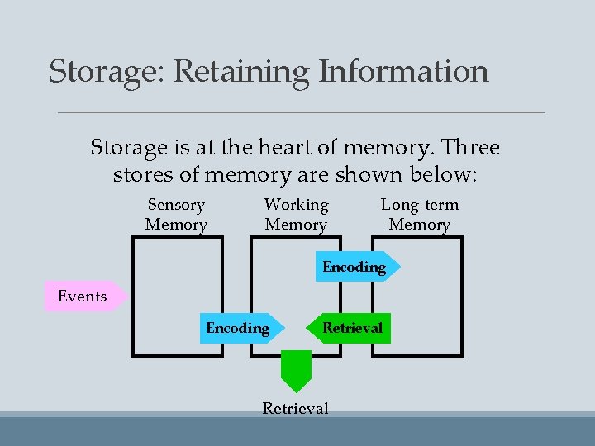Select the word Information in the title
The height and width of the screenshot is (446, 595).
pyautogui.click(x=403, y=72)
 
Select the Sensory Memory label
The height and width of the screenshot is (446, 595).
pyautogui.click(x=176, y=215)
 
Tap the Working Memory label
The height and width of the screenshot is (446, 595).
pyautogui.click(x=296, y=215)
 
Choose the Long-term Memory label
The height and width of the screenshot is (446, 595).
pyautogui.click(x=419, y=215)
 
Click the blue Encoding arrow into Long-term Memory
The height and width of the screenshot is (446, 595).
pyautogui.click(x=356, y=267)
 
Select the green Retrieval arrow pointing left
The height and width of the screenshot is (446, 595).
pyautogui.click(x=350, y=328)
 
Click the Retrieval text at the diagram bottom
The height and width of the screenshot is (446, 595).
pyautogui.click(x=295, y=408)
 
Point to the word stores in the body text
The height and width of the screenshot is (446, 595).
pyautogui.click(x=139, y=176)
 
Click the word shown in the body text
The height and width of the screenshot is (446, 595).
pyautogui.click(x=372, y=176)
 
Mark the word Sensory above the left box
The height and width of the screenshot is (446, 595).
pyautogui.click(x=176, y=205)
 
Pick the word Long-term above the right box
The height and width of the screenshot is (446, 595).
pyautogui.click(x=419, y=205)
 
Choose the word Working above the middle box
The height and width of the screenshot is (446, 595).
pyautogui.click(x=296, y=205)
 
